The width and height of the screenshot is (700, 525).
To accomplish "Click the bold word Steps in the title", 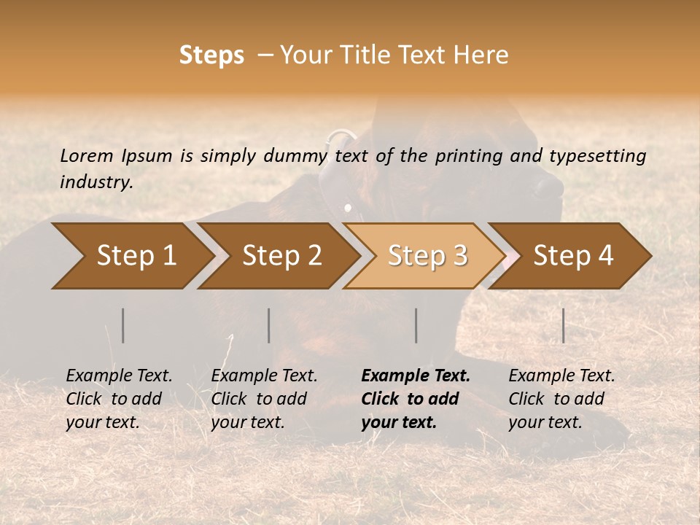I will pyautogui.click(x=211, y=55).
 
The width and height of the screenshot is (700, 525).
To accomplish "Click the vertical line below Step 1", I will pyautogui.click(x=123, y=325).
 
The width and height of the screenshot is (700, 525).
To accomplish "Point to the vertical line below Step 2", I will pyautogui.click(x=269, y=325).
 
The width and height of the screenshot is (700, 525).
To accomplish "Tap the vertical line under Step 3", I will pyautogui.click(x=416, y=325).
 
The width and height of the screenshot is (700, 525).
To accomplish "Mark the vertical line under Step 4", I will pyautogui.click(x=564, y=325).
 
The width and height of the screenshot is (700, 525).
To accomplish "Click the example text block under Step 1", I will pyautogui.click(x=119, y=399).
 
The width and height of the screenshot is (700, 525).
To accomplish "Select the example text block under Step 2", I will pyautogui.click(x=264, y=399).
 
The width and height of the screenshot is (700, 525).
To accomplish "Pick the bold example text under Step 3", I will pyautogui.click(x=416, y=399).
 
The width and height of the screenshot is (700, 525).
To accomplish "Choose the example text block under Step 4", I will pyautogui.click(x=561, y=399).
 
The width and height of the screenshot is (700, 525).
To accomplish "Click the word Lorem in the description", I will pyautogui.click(x=87, y=155).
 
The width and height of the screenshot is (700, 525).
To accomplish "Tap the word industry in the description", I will pyautogui.click(x=96, y=182).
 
